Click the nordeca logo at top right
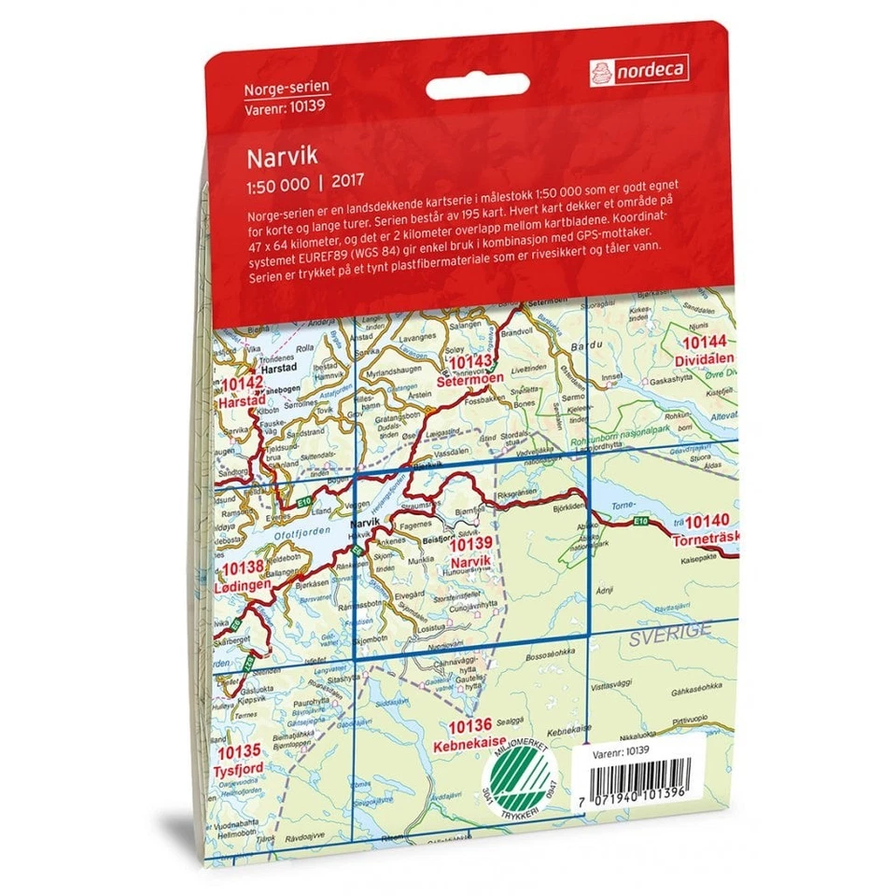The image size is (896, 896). point(639,68)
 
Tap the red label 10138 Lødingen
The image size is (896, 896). point(245,575)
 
